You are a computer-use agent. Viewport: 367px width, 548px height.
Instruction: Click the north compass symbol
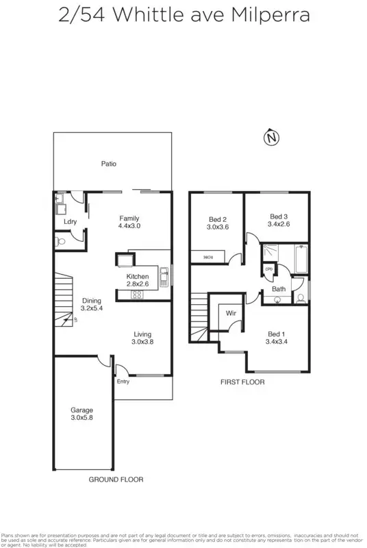click(x=272, y=138)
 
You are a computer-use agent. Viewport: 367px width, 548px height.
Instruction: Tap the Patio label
click(x=109, y=164)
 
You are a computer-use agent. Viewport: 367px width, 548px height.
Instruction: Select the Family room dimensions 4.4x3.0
click(x=129, y=225)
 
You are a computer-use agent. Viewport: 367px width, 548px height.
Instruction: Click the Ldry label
click(x=70, y=222)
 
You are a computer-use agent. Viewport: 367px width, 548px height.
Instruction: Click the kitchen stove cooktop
click(x=136, y=295)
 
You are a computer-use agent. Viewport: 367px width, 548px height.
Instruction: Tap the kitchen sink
click(x=164, y=276)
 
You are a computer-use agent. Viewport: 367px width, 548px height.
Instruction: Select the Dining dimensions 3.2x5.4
click(x=92, y=308)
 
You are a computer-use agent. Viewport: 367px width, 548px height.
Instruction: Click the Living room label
click(x=143, y=334)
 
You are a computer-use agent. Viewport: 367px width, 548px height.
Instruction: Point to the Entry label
click(x=123, y=382)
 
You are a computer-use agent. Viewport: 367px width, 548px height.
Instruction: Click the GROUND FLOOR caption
click(x=116, y=480)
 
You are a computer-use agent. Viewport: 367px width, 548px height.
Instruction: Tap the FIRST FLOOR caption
click(x=242, y=382)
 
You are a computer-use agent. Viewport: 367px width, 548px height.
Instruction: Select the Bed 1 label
click(x=277, y=334)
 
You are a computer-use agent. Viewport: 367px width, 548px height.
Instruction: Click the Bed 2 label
click(x=218, y=219)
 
